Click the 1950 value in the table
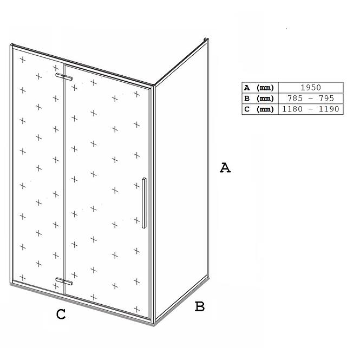tap(311, 88)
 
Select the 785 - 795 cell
tap(311, 99)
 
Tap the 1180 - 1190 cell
tap(311, 109)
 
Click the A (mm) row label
tap(259, 88)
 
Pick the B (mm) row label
tap(259, 99)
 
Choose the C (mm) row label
tap(259, 109)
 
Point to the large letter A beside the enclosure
tap(225, 168)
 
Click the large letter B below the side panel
tap(200, 306)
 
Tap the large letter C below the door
tap(61, 314)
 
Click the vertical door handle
tap(144, 203)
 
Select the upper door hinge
tap(64, 77)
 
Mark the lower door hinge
tap(64, 282)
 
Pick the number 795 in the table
tap(326, 99)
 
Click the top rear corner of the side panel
tap(206, 40)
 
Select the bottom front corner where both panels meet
tap(154, 324)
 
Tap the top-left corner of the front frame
tap(11, 45)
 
